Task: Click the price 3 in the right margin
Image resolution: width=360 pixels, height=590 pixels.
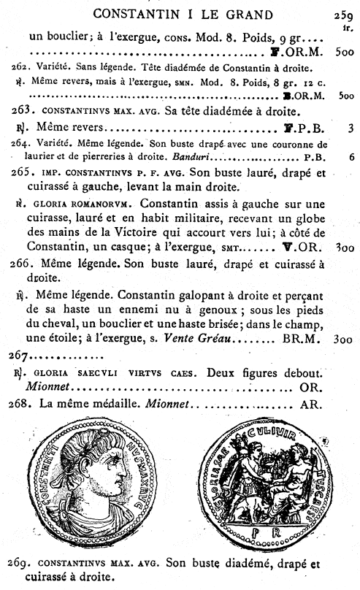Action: [351, 127]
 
